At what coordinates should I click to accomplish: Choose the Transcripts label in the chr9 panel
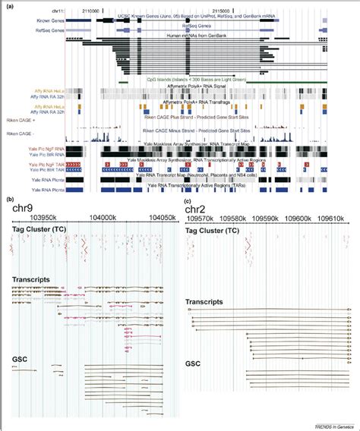30,280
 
